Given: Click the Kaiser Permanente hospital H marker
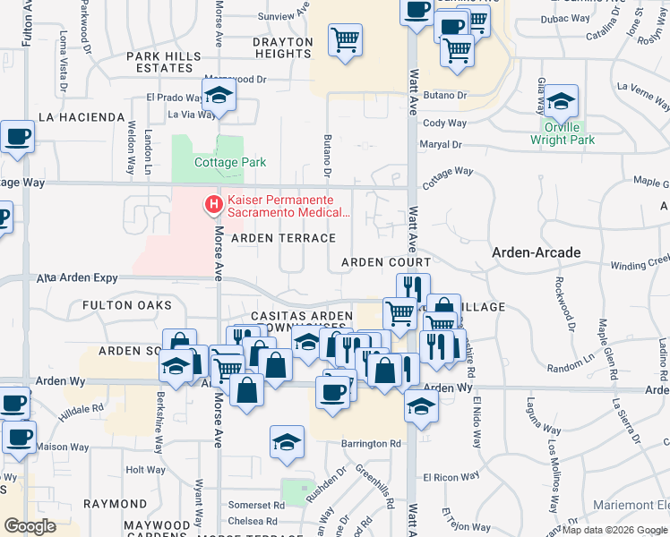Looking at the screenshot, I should coord(214,206).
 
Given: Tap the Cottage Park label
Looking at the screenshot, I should coord(230,163).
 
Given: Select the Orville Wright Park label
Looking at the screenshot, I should coord(562,134).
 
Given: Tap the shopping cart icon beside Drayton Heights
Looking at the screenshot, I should coord(345,40).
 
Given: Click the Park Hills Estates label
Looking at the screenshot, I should coord(164,62).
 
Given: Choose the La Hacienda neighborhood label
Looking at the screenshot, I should coord(82,117).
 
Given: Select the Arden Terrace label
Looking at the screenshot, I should coord(283,238).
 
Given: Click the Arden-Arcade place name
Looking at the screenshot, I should coord(537,253).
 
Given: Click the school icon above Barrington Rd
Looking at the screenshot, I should coord(287,442).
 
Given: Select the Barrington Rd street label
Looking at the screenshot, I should coord(369,444).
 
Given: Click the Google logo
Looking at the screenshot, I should coord(30,526).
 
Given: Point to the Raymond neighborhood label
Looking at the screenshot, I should coord(115,504).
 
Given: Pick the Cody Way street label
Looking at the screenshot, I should coord(444,124).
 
